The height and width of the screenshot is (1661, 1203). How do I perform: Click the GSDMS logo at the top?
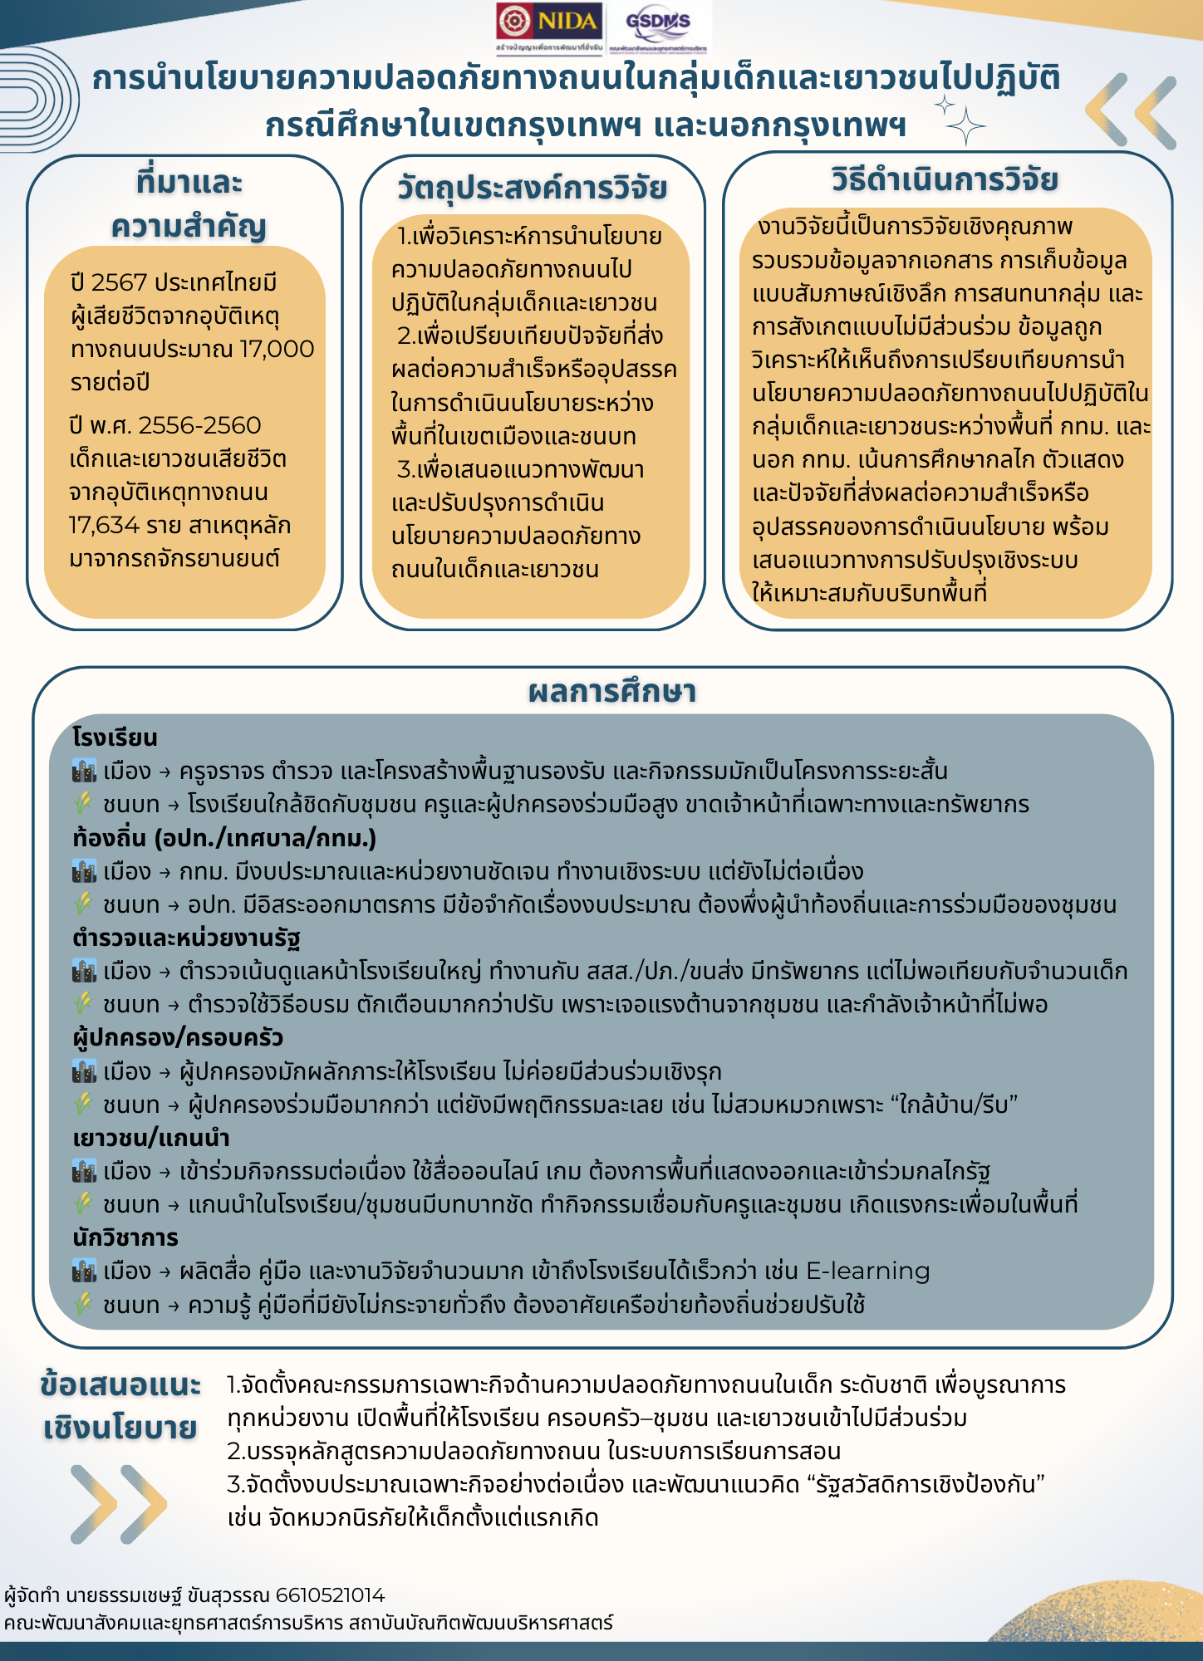pos(658,25)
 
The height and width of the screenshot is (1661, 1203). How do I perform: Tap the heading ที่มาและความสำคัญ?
pos(189,203)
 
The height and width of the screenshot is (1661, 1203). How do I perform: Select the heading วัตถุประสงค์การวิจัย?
pos(532,189)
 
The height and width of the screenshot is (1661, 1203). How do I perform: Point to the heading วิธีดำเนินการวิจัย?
pos(945,179)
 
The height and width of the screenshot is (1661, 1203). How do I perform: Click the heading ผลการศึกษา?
pos(612,692)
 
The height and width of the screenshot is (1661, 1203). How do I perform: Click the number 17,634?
pos(104,526)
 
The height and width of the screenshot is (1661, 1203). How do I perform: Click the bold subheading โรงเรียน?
pos(115,737)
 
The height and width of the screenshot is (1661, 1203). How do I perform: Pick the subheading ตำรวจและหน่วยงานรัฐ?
pos(186,938)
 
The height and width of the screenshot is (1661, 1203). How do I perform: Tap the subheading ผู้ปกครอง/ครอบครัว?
pos(178,1037)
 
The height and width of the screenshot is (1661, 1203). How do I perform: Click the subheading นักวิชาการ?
pos(125,1237)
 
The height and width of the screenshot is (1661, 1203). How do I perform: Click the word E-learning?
pos(867,1271)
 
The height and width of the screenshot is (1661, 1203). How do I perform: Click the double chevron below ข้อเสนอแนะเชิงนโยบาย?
pos(118,1504)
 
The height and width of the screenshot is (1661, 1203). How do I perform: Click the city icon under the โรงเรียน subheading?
pos(84,771)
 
